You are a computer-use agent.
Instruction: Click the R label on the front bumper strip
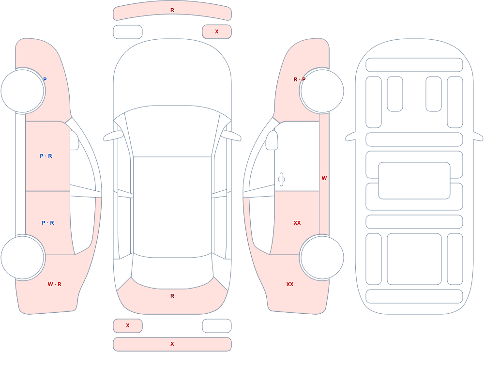pyautogui.click(x=172, y=10)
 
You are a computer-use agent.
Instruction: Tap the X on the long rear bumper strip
pyautogui.click(x=172, y=344)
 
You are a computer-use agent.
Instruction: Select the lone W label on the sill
pyautogui.click(x=324, y=178)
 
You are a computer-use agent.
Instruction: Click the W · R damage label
pyautogui.click(x=55, y=284)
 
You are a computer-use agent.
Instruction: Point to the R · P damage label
pyautogui.click(x=300, y=79)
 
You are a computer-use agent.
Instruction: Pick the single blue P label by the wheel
pyautogui.click(x=45, y=79)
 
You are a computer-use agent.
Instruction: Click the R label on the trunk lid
pyautogui.click(x=172, y=296)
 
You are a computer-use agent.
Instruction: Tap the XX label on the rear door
pyautogui.click(x=297, y=223)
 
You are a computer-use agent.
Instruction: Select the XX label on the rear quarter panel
pyautogui.click(x=290, y=284)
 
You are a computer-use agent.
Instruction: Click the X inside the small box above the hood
pyautogui.click(x=217, y=31)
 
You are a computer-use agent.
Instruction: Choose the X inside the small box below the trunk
pyautogui.click(x=128, y=325)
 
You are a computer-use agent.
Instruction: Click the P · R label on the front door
pyautogui.click(x=46, y=156)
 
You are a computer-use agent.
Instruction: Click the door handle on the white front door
pyautogui.click(x=281, y=180)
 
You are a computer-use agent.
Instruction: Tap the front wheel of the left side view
pyautogui.click(x=23, y=91)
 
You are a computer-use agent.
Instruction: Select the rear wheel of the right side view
pyautogui.click(x=322, y=258)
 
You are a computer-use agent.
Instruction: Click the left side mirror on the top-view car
pyautogui.click(x=113, y=136)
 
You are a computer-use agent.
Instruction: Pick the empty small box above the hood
pyautogui.click(x=128, y=32)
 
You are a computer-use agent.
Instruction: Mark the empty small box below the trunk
pyautogui.click(x=217, y=326)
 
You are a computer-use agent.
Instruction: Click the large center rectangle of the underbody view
pyautogui.click(x=414, y=181)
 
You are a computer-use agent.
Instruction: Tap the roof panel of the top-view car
pyautogui.click(x=172, y=207)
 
